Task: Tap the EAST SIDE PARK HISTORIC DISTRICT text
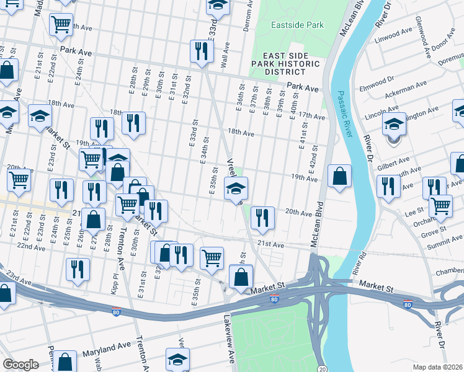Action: pos(286,63)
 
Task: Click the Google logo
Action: pos(20,365)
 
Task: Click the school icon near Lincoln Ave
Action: pos(394,124)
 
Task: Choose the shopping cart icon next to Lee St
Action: pos(440,206)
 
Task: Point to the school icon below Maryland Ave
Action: pos(177,359)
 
